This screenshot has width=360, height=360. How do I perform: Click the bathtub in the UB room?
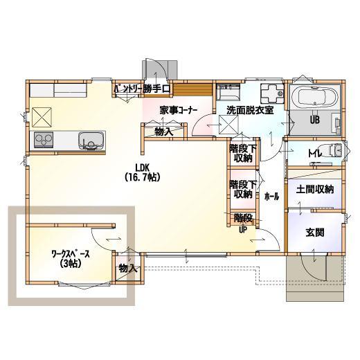[x=315, y=97]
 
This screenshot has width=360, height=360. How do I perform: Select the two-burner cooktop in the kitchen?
[x=44, y=140]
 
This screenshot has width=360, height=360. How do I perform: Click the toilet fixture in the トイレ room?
[x=333, y=150]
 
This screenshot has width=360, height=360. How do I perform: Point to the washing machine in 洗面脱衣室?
[x=272, y=93]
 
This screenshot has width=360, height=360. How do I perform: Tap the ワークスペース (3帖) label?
[x=71, y=259]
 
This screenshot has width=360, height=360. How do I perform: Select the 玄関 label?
[x=315, y=233]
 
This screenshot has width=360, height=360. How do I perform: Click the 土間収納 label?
[x=315, y=190]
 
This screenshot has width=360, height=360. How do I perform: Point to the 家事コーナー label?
[x=179, y=111]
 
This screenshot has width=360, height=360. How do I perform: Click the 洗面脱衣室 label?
[x=250, y=110]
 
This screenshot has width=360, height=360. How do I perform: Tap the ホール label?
[x=271, y=197]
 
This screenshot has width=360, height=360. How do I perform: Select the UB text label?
[x=315, y=120]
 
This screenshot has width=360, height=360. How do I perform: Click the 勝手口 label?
[x=156, y=89]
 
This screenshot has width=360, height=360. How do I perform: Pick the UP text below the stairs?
[x=243, y=230]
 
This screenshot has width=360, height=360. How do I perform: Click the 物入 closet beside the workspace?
[x=127, y=269]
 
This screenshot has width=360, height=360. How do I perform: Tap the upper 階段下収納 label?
[x=243, y=154]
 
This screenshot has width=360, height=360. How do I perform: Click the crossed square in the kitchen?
[x=42, y=117]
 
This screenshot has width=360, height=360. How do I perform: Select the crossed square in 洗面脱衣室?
[x=228, y=125]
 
